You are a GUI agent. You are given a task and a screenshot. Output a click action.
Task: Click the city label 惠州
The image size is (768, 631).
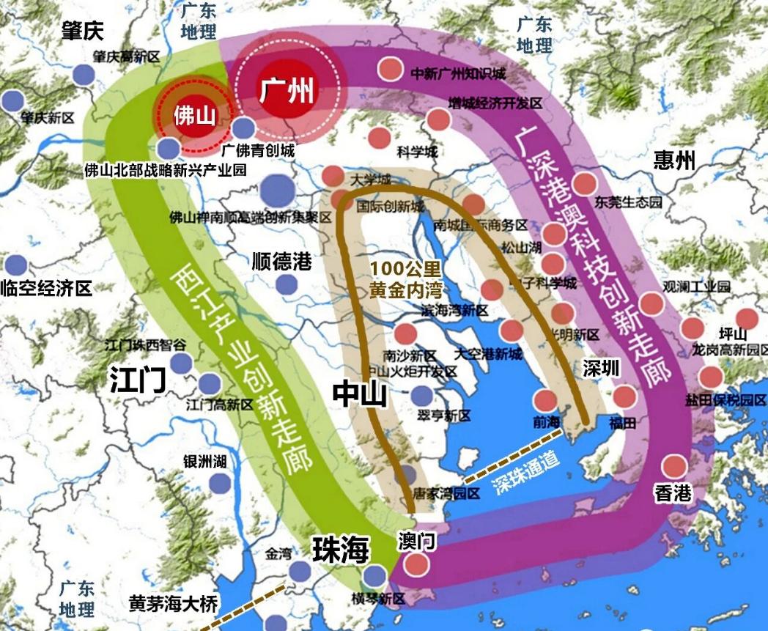(674, 160)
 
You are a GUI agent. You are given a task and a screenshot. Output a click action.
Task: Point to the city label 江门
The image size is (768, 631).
(138, 380)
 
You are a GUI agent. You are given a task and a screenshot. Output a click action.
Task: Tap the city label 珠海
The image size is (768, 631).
(340, 549)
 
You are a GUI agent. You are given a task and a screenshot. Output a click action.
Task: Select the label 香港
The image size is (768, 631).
(673, 492)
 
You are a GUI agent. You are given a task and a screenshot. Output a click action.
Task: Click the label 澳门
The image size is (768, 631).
(418, 540)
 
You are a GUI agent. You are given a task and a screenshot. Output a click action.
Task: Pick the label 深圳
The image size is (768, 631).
(601, 368)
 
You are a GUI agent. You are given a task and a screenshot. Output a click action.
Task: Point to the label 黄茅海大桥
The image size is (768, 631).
(173, 603)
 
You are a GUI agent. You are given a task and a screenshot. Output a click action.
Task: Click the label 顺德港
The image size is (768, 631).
(281, 262)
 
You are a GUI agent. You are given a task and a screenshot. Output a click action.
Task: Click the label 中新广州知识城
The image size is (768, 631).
(457, 74)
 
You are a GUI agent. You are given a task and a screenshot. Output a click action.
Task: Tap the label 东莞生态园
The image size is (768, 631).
(628, 202)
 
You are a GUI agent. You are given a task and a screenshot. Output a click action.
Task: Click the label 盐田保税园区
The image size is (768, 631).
(726, 400)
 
